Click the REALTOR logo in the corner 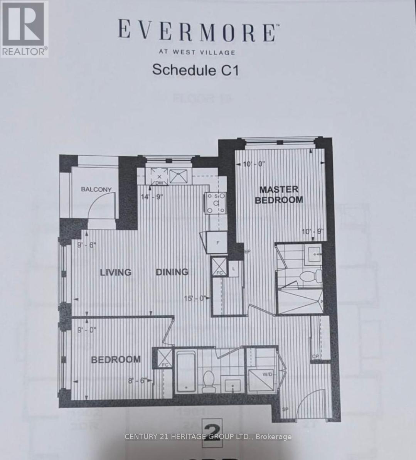(x=24, y=29)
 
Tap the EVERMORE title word (x=197, y=32)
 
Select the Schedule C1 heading (x=195, y=70)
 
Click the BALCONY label (x=96, y=189)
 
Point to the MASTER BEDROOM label (x=279, y=195)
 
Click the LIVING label (x=116, y=272)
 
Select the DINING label (x=172, y=272)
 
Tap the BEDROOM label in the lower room (x=116, y=360)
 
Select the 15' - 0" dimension (x=196, y=298)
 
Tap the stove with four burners (x=216, y=203)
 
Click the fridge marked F (x=218, y=243)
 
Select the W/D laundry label (x=268, y=374)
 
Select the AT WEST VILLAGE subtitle (x=197, y=52)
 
